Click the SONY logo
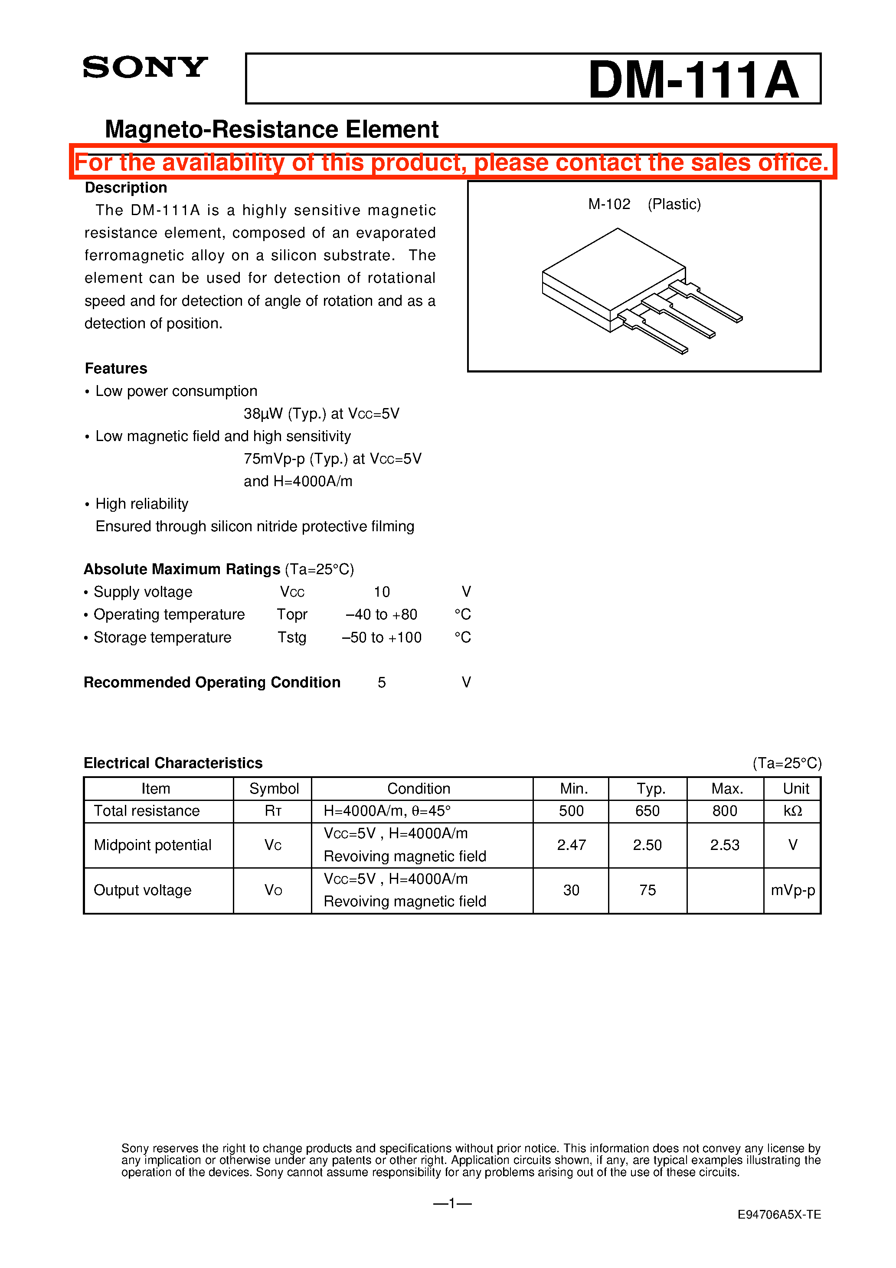(145, 67)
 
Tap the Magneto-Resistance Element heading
(272, 129)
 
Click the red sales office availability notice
(452, 162)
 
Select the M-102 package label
(609, 204)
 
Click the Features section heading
(116, 368)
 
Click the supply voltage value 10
(382, 592)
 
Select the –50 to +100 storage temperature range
(382, 637)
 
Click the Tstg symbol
(292, 637)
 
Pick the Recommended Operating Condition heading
(212, 683)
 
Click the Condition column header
(419, 789)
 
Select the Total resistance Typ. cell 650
(647, 811)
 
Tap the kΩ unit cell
(793, 811)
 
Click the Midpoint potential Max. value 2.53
(725, 845)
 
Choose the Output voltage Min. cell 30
(571, 890)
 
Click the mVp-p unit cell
(793, 890)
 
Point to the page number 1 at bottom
(452, 1203)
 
